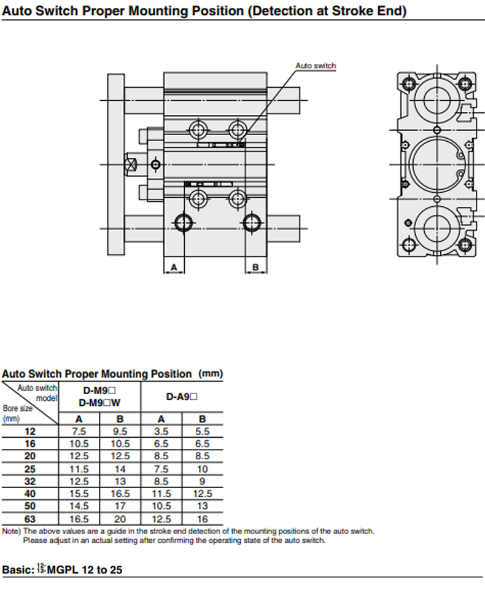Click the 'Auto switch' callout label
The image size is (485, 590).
[x=316, y=66]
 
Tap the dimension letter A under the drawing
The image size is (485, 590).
[x=174, y=267]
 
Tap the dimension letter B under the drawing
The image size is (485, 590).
[x=256, y=267]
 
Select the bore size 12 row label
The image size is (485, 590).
[x=30, y=432]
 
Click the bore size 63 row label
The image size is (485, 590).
[x=30, y=519]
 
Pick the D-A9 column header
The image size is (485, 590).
[x=182, y=397]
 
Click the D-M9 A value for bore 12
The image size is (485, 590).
[x=79, y=432]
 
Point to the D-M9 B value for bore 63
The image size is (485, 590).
[x=120, y=519]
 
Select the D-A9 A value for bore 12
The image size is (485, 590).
[x=161, y=432]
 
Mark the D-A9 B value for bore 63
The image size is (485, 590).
[x=203, y=519]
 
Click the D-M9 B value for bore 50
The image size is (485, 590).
[x=120, y=507]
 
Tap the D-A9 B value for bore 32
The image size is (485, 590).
[x=203, y=481]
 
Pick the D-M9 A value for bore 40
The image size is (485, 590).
[x=79, y=494]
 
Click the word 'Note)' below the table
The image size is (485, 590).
[x=11, y=531]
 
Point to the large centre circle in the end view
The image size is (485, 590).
[x=435, y=164]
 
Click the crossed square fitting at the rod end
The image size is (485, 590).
[x=130, y=165]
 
